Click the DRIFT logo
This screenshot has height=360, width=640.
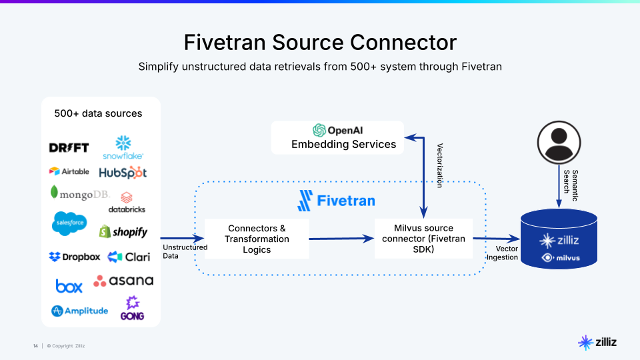coord(69,148)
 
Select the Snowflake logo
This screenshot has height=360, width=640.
coord(123,147)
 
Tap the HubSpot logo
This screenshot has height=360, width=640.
coord(123,173)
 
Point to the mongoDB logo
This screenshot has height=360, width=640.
coord(79,194)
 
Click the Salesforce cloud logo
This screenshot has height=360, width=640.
coord(69,223)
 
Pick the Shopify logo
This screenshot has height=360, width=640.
coord(123,232)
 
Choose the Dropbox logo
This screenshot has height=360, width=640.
coord(75,257)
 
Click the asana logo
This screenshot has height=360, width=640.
coord(123,281)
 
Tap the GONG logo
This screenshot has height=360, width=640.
coord(132,308)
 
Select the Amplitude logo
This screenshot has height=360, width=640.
coord(79,311)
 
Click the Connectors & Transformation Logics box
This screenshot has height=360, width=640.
coord(257,239)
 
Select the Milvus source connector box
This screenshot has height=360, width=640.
coord(423,239)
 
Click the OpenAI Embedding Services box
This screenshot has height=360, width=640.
coord(337,137)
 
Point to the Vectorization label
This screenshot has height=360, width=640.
coord(439,165)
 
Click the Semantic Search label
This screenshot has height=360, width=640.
coord(571,181)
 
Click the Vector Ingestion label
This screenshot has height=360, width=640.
coord(502,253)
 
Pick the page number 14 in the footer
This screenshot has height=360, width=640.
coord(35,345)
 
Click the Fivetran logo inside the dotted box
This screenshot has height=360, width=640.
coord(336,200)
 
